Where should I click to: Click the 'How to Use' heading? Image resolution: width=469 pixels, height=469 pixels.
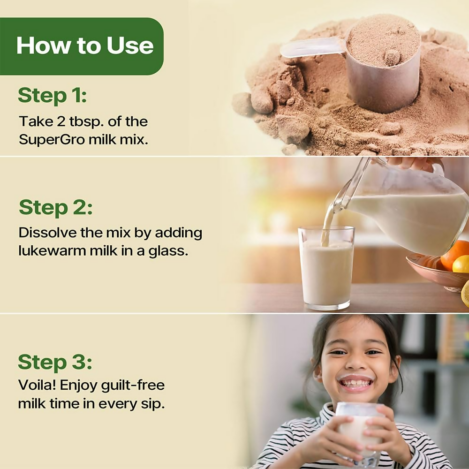85,45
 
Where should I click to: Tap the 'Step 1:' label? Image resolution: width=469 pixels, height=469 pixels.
52,96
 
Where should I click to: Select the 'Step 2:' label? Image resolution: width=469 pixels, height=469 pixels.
55,207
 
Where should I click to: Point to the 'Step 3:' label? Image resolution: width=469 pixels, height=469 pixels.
55,362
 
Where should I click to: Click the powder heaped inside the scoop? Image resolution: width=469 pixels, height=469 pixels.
383,40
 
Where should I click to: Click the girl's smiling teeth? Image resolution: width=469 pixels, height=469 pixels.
356,383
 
